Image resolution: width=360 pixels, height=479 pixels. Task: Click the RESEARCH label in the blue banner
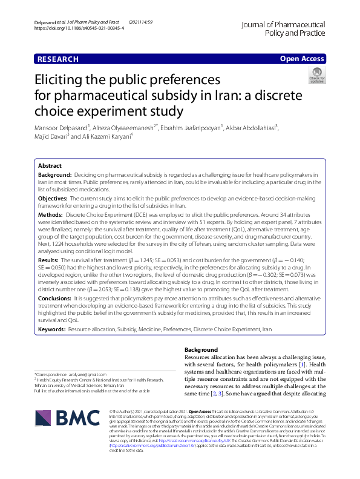coord(58,59)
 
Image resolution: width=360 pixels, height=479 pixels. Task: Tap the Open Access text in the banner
coord(303,59)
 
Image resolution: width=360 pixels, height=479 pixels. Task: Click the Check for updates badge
coord(316,76)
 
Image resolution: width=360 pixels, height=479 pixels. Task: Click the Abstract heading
coord(50,165)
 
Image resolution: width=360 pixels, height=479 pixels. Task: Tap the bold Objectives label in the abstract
coord(53,198)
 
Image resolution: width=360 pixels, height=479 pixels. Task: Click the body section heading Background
coord(201,350)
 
